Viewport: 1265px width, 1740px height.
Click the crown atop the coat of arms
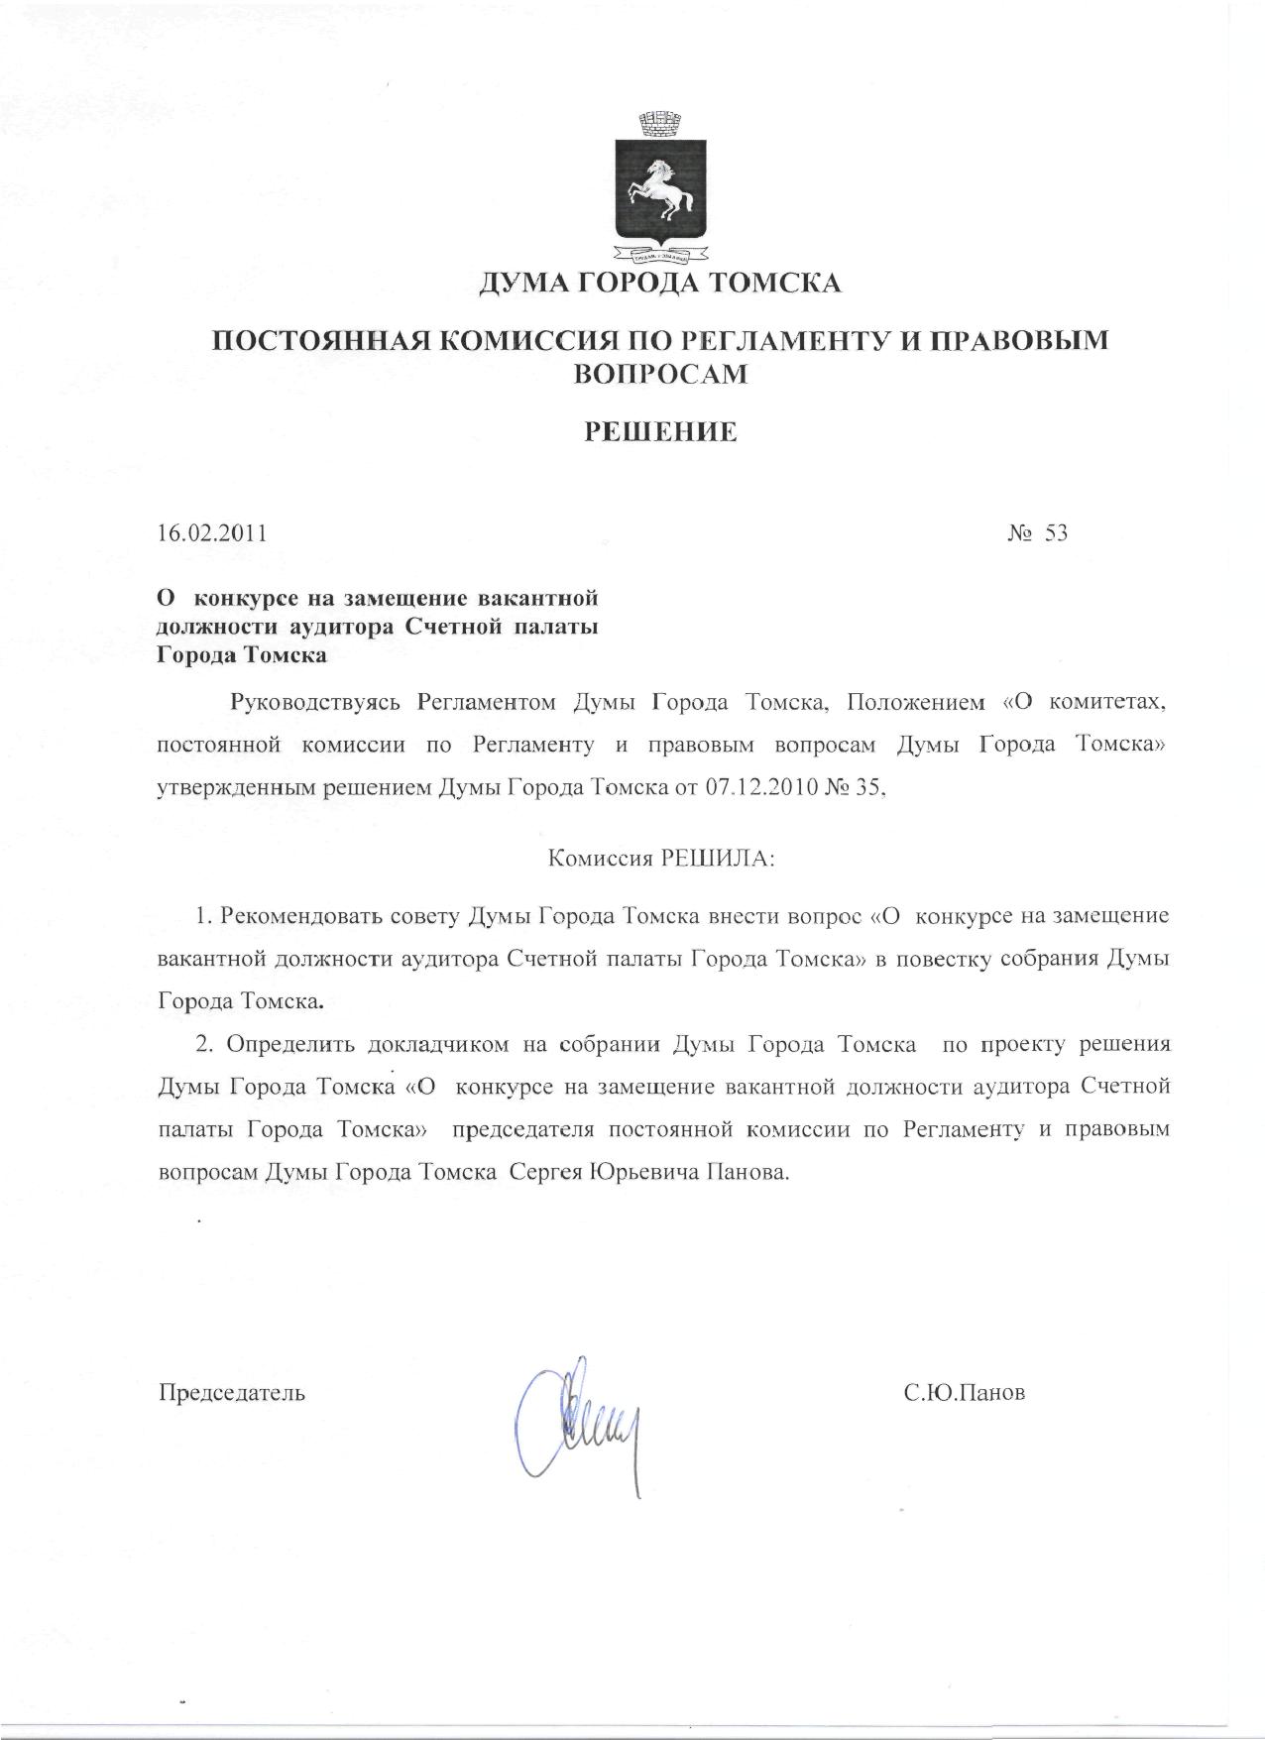tap(659, 125)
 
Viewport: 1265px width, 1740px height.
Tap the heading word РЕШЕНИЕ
tap(658, 431)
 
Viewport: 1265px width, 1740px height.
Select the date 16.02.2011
tap(212, 533)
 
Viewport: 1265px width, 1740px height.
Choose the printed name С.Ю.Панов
tap(964, 1393)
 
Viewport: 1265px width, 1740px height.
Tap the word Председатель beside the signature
tap(232, 1393)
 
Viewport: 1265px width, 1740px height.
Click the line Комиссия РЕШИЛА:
tap(660, 858)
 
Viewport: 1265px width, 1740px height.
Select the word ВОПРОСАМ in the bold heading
tap(659, 374)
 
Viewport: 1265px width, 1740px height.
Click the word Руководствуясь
tap(314, 703)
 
